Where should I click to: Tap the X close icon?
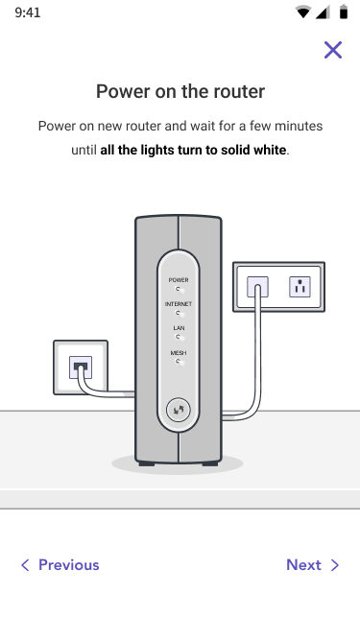point(333,50)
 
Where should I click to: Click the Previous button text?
point(68,565)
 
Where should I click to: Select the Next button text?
point(303,565)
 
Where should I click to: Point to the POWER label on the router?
point(179,280)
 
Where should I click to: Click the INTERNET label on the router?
point(179,304)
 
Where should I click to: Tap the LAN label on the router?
point(179,328)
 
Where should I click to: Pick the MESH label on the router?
point(179,353)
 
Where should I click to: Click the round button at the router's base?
point(179,410)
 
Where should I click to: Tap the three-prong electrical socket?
point(300,286)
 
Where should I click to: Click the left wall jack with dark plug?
point(81,367)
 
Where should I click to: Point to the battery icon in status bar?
point(344,12)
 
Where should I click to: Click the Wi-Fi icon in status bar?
point(302,12)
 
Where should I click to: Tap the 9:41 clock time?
point(28,12)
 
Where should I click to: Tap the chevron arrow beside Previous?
point(25,565)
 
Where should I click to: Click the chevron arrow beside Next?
point(335,565)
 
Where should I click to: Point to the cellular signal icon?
point(323,12)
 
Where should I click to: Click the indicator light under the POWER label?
point(179,290)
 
